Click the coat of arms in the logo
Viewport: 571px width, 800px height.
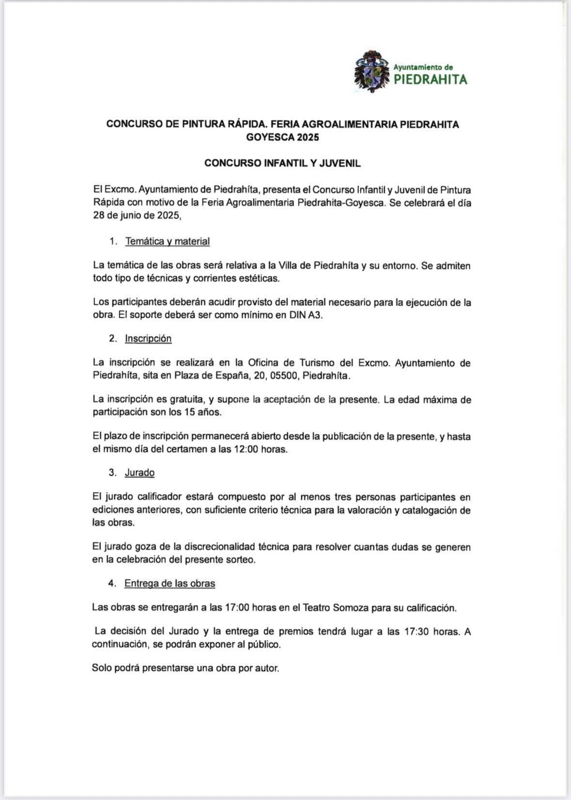click(372, 71)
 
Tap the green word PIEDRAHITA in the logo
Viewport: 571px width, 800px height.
click(431, 79)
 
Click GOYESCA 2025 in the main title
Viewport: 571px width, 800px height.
click(282, 137)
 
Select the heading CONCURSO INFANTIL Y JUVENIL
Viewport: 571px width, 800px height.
click(282, 163)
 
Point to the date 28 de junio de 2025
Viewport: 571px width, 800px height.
click(137, 216)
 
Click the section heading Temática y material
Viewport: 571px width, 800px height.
click(167, 241)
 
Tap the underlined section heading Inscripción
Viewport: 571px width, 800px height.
click(148, 339)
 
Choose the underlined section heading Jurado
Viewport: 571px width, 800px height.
click(139, 472)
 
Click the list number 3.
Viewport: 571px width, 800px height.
click(112, 472)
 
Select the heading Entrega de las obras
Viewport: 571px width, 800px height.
click(170, 583)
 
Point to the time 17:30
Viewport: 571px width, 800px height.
click(417, 632)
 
